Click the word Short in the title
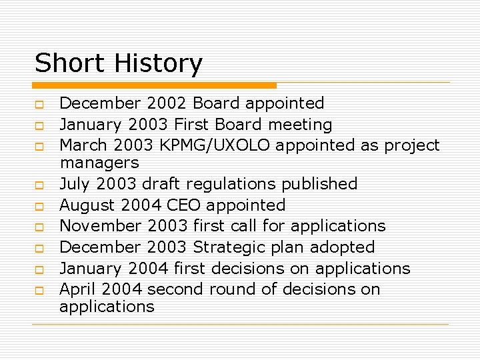(x=71, y=63)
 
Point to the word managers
(x=99, y=163)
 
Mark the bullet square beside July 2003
(x=39, y=185)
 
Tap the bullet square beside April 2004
(x=39, y=291)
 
